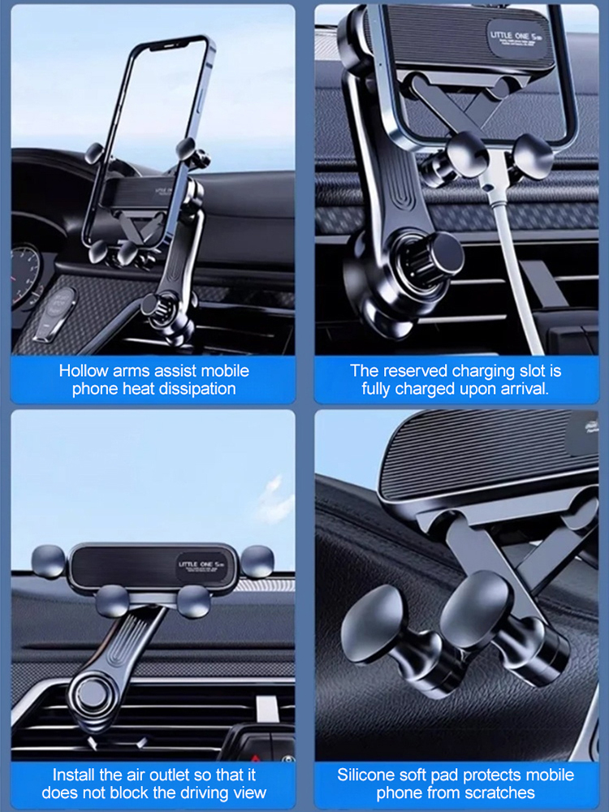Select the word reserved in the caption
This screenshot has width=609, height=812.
coord(414,371)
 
